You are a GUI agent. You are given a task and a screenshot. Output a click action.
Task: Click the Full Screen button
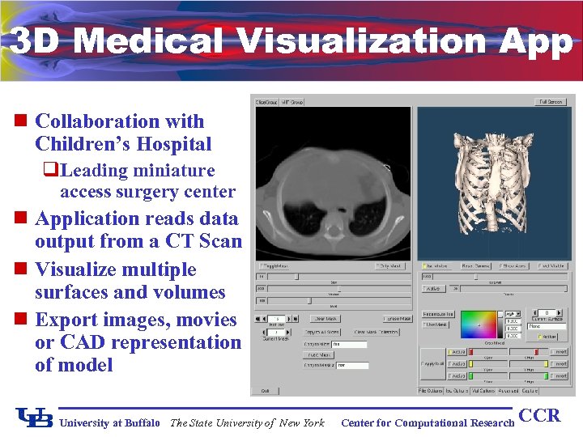(x=551, y=102)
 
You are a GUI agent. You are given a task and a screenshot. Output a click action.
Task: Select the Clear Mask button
(x=325, y=318)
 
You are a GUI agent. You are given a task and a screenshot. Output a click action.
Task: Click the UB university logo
(x=35, y=418)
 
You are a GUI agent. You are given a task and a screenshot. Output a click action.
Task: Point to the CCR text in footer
(x=539, y=416)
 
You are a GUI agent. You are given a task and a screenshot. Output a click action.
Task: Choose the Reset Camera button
(x=477, y=265)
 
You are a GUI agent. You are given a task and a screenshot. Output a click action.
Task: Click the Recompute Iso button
(x=438, y=314)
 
